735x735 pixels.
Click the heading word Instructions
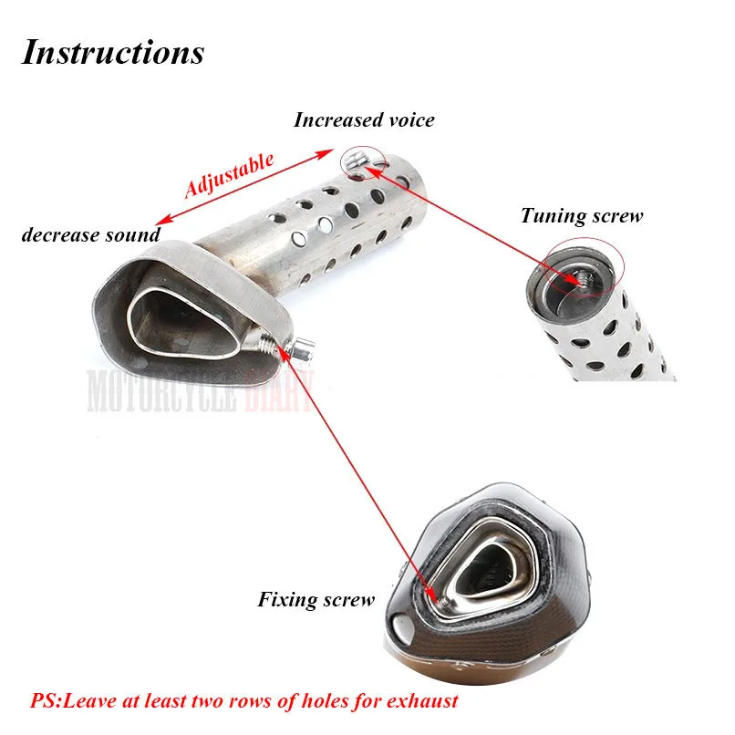click(x=112, y=52)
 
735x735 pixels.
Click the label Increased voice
click(x=364, y=119)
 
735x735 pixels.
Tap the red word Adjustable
click(x=228, y=175)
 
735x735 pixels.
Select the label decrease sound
click(x=90, y=234)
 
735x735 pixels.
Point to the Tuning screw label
click(x=582, y=216)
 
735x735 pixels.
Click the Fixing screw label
click(x=316, y=599)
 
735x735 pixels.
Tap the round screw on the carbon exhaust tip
click(x=402, y=629)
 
